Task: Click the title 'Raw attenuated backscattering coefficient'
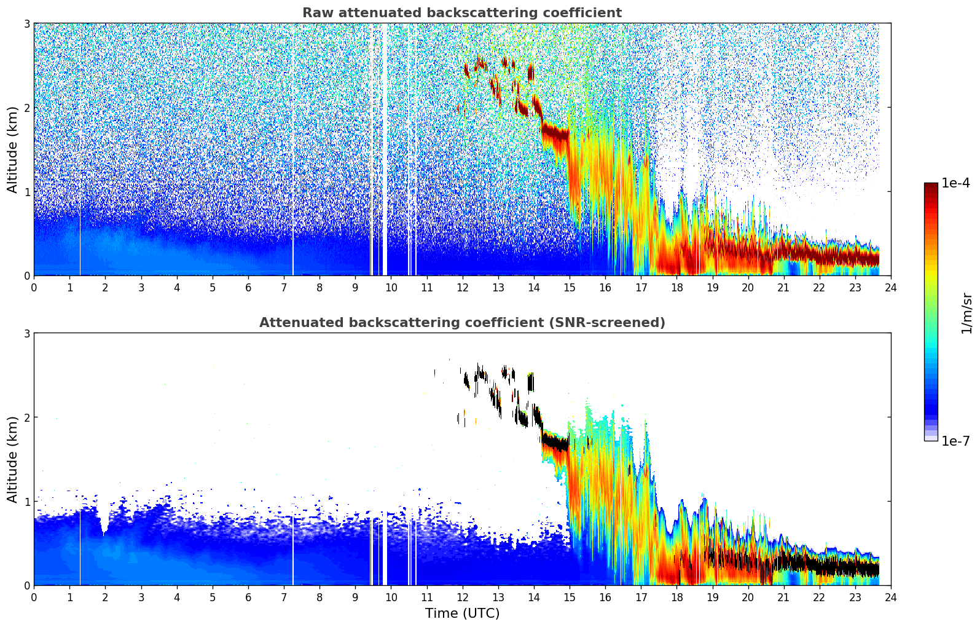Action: point(461,13)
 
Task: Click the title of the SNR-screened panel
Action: point(461,323)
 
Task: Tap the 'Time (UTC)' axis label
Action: point(462,613)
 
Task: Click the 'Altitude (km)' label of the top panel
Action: point(13,149)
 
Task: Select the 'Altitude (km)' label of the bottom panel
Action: point(13,459)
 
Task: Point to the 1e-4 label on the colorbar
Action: point(955,183)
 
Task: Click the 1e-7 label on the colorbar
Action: point(955,441)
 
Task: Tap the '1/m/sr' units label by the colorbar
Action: point(966,313)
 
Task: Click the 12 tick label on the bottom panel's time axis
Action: point(462,597)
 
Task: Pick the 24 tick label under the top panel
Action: point(890,287)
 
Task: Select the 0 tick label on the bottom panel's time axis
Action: point(34,597)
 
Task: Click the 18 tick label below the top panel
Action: point(676,287)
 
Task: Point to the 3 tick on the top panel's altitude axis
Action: point(26,23)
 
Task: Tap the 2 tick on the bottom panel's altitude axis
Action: point(26,417)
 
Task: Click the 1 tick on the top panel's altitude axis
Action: point(26,192)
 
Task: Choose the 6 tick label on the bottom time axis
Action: point(248,597)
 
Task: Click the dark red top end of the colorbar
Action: point(931,186)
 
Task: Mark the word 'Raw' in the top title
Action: point(315,13)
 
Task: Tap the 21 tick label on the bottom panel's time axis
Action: point(783,597)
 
